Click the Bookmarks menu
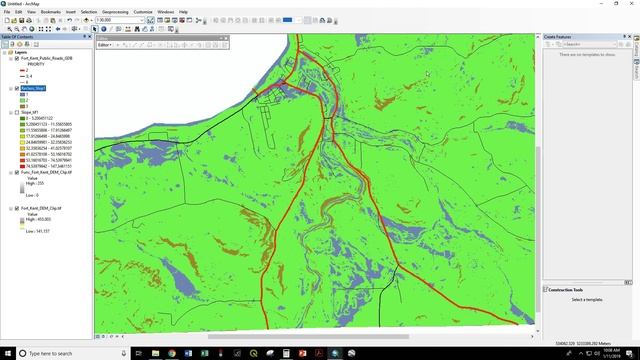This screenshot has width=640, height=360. click(x=50, y=11)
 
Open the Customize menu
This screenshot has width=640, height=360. click(x=143, y=11)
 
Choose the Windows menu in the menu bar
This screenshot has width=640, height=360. click(x=165, y=11)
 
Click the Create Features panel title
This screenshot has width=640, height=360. click(x=565, y=37)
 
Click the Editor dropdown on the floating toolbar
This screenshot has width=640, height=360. click(x=105, y=45)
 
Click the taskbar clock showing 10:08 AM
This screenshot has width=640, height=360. click(x=608, y=352)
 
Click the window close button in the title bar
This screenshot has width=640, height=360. click(x=631, y=3)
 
